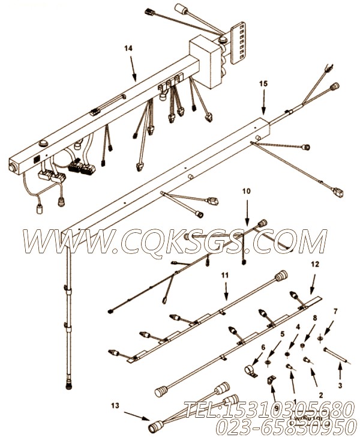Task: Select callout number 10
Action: pos(245,191)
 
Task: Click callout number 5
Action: pos(282,334)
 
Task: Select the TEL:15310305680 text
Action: pos(267,409)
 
